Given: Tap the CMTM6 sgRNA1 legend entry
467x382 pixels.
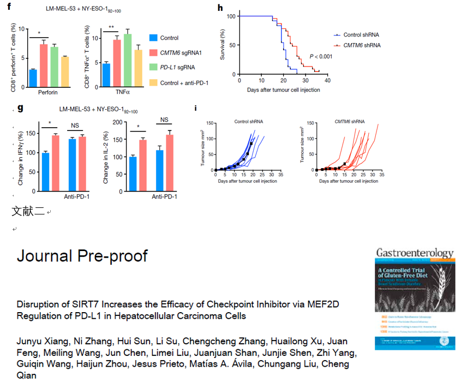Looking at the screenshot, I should pyautogui.click(x=184, y=53).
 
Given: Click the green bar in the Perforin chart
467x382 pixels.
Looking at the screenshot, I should pyautogui.click(x=54, y=67).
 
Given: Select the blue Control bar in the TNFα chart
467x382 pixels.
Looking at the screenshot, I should pyautogui.click(x=106, y=75).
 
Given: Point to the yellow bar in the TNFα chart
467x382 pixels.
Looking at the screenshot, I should pyautogui.click(x=138, y=68).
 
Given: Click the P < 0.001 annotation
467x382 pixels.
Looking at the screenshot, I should pyautogui.click(x=321, y=56).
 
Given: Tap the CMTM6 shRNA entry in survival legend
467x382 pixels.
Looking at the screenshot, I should pyautogui.click(x=362, y=45).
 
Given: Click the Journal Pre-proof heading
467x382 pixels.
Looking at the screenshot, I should pyautogui.click(x=82, y=255).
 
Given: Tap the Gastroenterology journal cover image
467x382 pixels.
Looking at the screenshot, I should pyautogui.click(x=414, y=299).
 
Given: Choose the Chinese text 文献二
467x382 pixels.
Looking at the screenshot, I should pyautogui.click(x=28, y=212).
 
